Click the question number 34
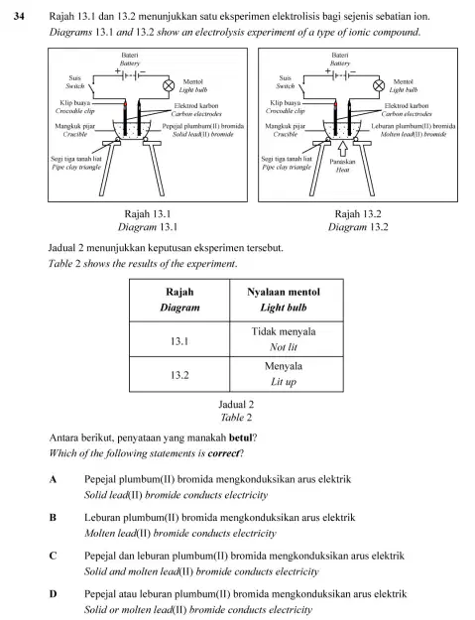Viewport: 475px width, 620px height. coord(19,16)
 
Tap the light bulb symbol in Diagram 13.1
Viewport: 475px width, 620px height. coord(169,85)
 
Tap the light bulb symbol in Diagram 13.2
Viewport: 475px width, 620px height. coord(379,85)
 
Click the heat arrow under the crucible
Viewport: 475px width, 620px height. coord(343,149)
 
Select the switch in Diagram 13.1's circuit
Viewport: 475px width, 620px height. coord(91,88)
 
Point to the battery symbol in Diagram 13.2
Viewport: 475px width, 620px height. coord(340,74)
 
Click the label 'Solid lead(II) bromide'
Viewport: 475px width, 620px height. coord(203,135)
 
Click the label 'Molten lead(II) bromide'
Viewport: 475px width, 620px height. coord(414,135)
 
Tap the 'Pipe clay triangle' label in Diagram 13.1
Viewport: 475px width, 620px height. coord(76,167)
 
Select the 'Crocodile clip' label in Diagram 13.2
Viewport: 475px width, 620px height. coord(286,111)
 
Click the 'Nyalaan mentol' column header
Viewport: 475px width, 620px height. coord(284,292)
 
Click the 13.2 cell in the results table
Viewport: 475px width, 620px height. coord(179,374)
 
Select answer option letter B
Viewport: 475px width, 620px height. coord(53,517)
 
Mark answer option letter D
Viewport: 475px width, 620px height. coord(53,594)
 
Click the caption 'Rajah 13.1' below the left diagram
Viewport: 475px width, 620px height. coord(148,214)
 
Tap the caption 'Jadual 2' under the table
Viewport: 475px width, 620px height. coord(236,404)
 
